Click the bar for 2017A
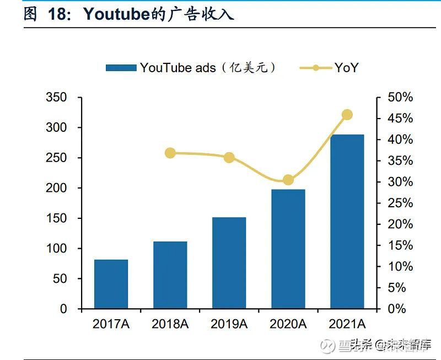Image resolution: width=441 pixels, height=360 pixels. point(111,284)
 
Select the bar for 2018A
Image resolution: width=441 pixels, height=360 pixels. point(170,275)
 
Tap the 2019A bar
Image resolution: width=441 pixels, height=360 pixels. point(229,263)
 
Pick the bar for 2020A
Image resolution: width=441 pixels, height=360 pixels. point(288,249)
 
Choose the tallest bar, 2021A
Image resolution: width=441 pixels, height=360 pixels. point(347,222)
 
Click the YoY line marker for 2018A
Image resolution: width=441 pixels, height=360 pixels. point(170,153)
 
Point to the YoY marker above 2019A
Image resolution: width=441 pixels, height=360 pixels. point(229,158)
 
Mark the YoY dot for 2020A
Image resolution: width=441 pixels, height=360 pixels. point(288,180)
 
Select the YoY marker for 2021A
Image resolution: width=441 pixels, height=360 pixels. point(347,115)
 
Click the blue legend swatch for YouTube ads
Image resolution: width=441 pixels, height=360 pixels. point(121,68)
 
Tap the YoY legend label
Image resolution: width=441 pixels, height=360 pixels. point(346,68)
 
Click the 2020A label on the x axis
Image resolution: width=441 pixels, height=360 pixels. point(288,324)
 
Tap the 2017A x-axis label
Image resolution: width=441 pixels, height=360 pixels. point(111,324)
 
